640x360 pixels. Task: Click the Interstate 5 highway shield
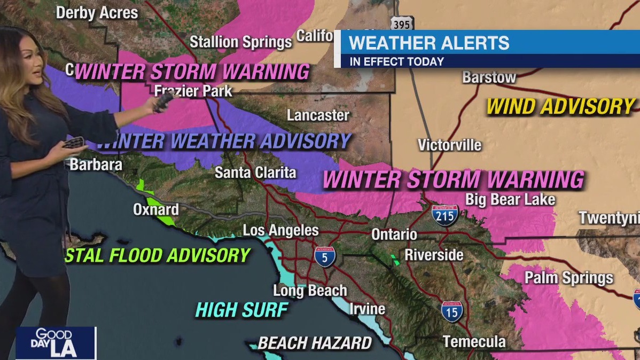325,256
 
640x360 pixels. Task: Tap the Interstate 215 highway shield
445,214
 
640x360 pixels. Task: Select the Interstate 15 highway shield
452,311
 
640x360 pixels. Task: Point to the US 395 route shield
402,24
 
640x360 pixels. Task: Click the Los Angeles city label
280,231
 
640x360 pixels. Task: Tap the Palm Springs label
569,278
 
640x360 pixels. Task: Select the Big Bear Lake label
510,200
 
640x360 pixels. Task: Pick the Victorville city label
449,145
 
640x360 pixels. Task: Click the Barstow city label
489,77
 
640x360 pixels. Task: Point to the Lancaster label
318,115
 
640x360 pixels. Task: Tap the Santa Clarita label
255,173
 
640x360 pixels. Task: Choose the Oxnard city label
156,209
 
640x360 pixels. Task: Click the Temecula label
474,341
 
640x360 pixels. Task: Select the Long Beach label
310,291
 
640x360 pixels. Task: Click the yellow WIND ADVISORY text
560,107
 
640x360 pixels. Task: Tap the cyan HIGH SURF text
242,310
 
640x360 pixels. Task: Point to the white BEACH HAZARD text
315,343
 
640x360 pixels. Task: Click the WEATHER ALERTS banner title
429,42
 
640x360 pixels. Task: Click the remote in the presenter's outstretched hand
163,101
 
